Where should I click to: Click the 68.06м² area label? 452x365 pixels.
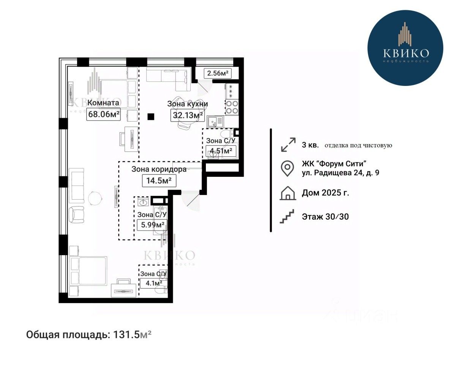tap(103, 114)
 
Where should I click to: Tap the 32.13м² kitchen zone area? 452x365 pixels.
tap(188, 116)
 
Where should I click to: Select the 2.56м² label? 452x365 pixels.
tap(218, 73)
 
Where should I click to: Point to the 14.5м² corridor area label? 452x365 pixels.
tap(159, 181)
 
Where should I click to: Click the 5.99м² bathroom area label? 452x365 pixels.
tap(152, 224)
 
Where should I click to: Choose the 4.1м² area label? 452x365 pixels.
tap(153, 283)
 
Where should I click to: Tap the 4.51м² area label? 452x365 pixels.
tap(221, 151)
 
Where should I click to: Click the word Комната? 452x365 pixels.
tap(103, 103)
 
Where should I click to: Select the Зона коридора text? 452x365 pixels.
tap(159, 169)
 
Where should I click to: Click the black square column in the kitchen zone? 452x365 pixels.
tap(151, 117)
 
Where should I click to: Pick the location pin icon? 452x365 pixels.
tap(288, 168)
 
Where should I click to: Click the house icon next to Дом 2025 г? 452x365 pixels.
tap(288, 193)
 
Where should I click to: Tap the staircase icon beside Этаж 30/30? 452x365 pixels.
tap(287, 216)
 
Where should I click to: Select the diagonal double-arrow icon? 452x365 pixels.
tap(288, 144)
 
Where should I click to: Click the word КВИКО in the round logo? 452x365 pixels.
tap(406, 53)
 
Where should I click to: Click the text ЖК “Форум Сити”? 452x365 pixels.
tap(334, 164)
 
